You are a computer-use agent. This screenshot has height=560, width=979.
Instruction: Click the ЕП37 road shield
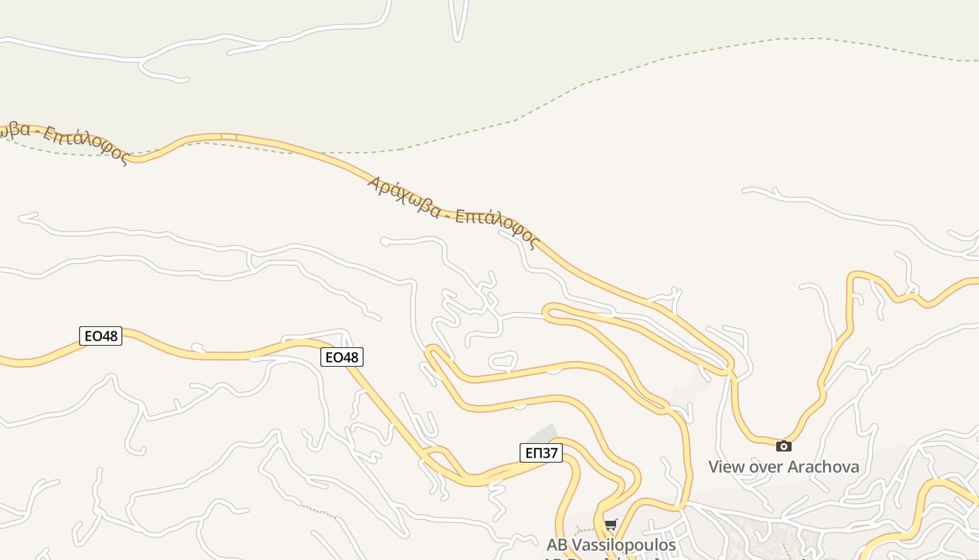click(541, 453)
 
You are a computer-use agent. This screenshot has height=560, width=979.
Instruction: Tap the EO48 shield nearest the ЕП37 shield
click(342, 357)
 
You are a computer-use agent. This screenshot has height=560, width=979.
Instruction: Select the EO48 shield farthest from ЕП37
click(101, 336)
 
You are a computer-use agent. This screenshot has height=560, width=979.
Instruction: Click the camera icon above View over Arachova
click(783, 446)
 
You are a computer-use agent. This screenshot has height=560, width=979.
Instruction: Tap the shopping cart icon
click(611, 524)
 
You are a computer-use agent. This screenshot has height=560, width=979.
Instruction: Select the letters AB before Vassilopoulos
click(557, 545)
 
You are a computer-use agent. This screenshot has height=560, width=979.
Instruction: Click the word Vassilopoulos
click(624, 545)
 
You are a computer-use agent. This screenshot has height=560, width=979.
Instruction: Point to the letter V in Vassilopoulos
click(578, 545)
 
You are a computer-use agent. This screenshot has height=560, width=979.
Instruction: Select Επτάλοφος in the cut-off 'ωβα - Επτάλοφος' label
click(86, 145)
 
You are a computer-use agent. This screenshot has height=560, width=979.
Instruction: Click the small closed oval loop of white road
click(502, 361)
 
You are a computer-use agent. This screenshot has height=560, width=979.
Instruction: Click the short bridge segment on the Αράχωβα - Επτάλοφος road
click(229, 136)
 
